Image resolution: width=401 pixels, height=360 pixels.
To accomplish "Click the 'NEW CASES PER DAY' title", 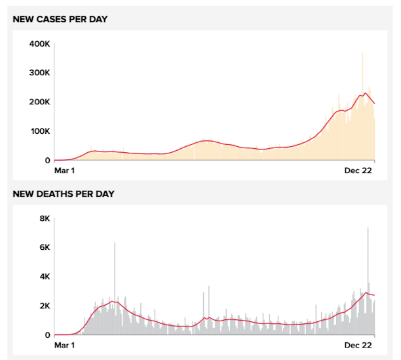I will pos(60,19).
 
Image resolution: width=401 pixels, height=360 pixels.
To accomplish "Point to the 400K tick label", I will pos(39,44).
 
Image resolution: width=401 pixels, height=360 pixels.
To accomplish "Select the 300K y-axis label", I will pos(39,73).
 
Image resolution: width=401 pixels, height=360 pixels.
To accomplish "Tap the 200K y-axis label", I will pos(39,102).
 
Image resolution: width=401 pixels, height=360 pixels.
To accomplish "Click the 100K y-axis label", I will pos(39,131).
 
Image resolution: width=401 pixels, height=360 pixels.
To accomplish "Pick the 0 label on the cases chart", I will pos(47,160).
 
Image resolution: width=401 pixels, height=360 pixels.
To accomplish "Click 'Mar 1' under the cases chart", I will pos(64,171).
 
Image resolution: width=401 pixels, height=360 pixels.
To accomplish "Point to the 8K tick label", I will pos(43,218).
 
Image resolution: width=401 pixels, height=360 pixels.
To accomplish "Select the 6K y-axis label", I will pos(43,247).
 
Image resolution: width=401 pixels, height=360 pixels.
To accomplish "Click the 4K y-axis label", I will pos(43,277).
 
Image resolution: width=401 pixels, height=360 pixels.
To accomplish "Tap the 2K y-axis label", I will pos(43,306).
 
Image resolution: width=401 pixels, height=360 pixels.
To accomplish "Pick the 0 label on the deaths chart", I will pos(47,335).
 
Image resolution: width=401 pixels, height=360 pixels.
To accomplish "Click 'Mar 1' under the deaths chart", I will pos(64,346).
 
